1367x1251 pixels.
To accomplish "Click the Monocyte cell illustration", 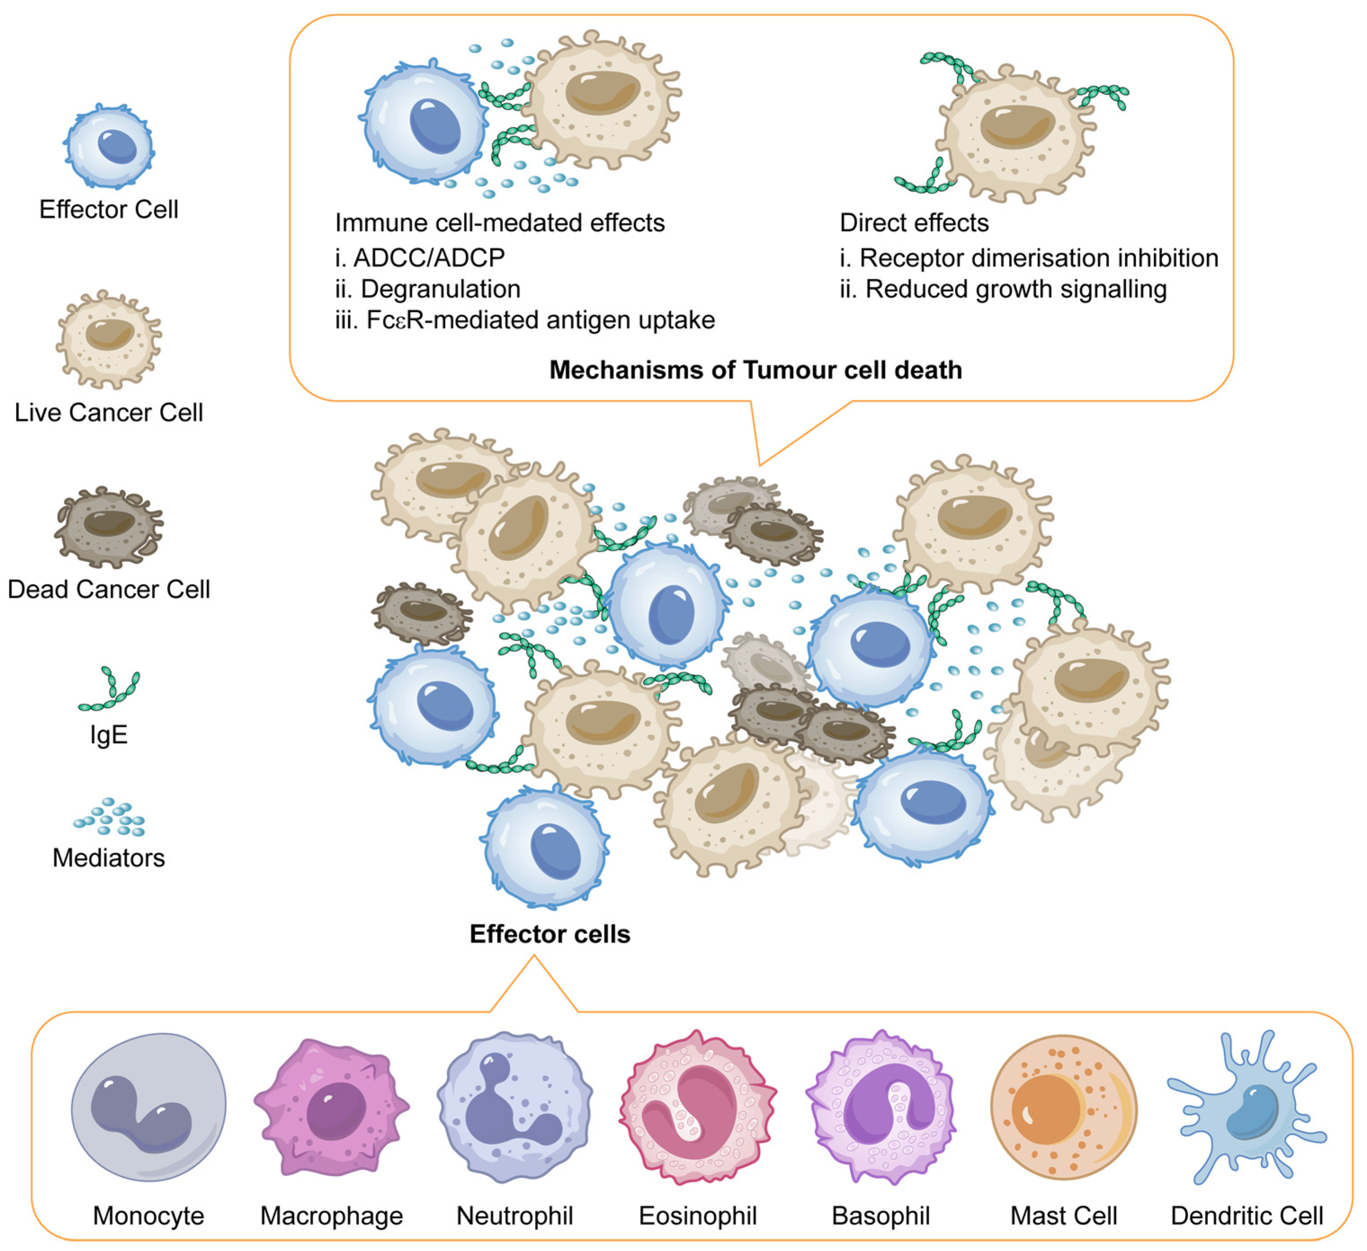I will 148,1107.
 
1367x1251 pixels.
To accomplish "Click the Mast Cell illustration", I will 1063,1107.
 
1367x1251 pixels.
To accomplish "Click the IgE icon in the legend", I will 110,690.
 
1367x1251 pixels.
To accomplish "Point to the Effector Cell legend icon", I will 109,146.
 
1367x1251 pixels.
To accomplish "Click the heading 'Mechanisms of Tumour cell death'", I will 755,370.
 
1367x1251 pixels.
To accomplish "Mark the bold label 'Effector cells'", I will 550,934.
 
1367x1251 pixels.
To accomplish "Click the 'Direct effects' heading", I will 913,223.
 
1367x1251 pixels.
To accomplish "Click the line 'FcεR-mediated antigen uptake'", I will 540,320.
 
